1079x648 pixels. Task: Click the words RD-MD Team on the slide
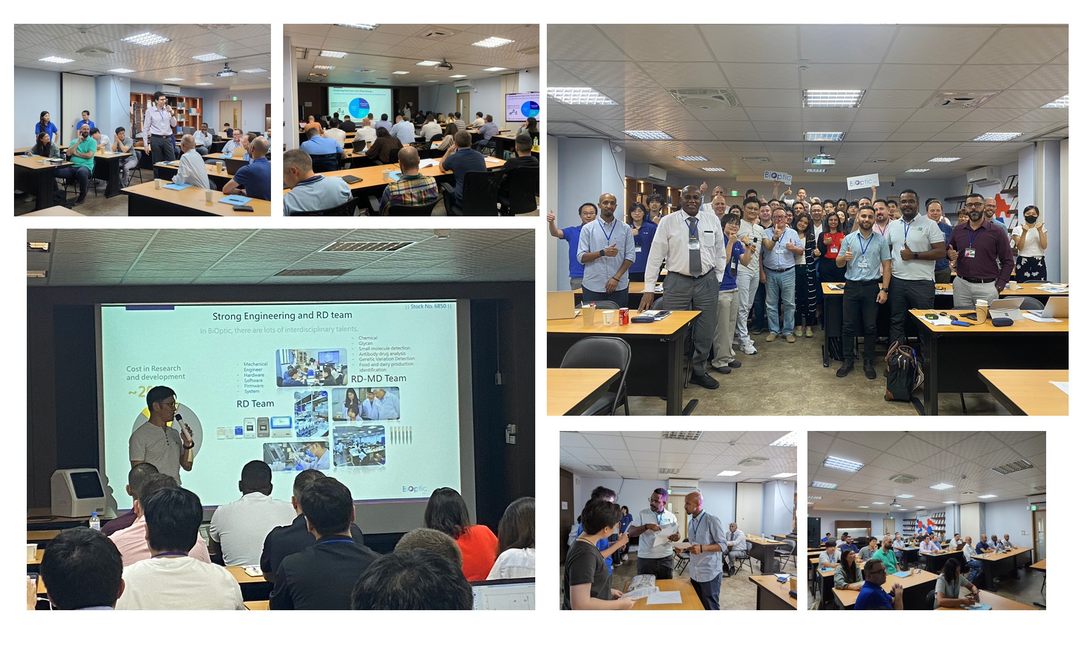(x=378, y=379)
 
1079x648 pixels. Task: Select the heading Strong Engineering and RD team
(x=282, y=316)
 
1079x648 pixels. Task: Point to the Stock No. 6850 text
(x=428, y=306)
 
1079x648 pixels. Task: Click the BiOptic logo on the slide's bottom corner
(x=415, y=489)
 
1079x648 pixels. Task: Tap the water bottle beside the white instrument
(x=94, y=521)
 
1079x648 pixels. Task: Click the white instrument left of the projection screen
(x=79, y=493)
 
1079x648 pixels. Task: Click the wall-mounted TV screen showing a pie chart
(x=522, y=107)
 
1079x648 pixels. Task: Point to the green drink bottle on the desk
(x=535, y=143)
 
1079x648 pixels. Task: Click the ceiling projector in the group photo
(x=821, y=160)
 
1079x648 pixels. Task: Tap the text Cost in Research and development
(x=155, y=372)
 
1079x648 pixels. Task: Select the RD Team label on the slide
(x=255, y=404)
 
